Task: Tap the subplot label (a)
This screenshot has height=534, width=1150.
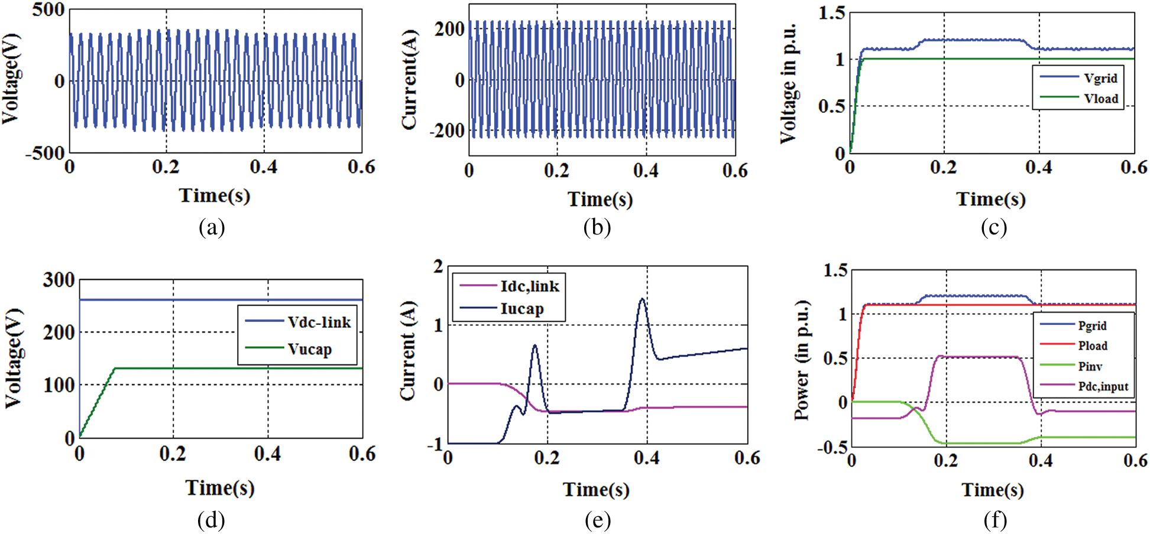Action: [212, 227]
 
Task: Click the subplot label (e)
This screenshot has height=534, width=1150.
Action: [597, 520]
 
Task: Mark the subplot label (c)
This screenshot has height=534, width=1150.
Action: [993, 227]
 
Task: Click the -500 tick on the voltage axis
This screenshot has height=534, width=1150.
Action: [44, 153]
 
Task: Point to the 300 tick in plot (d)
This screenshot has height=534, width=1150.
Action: [59, 279]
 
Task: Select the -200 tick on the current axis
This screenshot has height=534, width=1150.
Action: [447, 130]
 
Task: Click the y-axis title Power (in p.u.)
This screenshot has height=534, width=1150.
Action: [802, 361]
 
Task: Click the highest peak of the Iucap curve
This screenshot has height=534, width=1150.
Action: [642, 299]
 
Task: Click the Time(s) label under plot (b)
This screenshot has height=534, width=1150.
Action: [600, 200]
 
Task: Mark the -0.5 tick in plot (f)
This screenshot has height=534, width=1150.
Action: [832, 447]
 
